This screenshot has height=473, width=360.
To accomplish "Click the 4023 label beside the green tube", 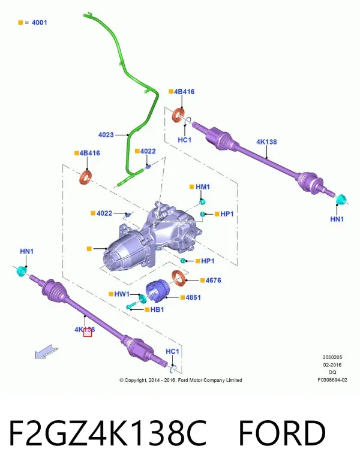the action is (x=106, y=135).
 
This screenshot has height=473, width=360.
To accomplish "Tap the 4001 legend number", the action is (x=40, y=22).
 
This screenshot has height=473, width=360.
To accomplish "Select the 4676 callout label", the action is (x=213, y=280).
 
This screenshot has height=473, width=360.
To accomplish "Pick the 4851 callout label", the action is (x=193, y=297).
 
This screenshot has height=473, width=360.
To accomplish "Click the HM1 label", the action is (x=203, y=186).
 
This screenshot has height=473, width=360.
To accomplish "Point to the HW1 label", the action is (x=122, y=294).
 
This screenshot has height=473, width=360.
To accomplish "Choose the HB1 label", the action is (x=157, y=309).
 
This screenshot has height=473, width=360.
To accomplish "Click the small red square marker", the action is (x=88, y=333).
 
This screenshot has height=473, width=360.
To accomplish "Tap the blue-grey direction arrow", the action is (x=47, y=352).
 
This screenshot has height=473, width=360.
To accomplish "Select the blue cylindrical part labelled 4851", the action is (x=158, y=291).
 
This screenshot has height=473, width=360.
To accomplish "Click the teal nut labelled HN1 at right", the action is (x=342, y=200).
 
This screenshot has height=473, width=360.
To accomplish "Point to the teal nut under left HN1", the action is (x=21, y=271).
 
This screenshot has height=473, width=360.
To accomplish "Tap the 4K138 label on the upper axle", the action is (x=266, y=141).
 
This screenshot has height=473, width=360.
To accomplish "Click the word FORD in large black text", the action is (x=282, y=433).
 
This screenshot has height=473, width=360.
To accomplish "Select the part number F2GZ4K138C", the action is (x=108, y=433).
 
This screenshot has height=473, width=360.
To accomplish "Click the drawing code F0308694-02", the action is (x=332, y=380).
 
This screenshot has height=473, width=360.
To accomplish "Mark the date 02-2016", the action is (x=332, y=365).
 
